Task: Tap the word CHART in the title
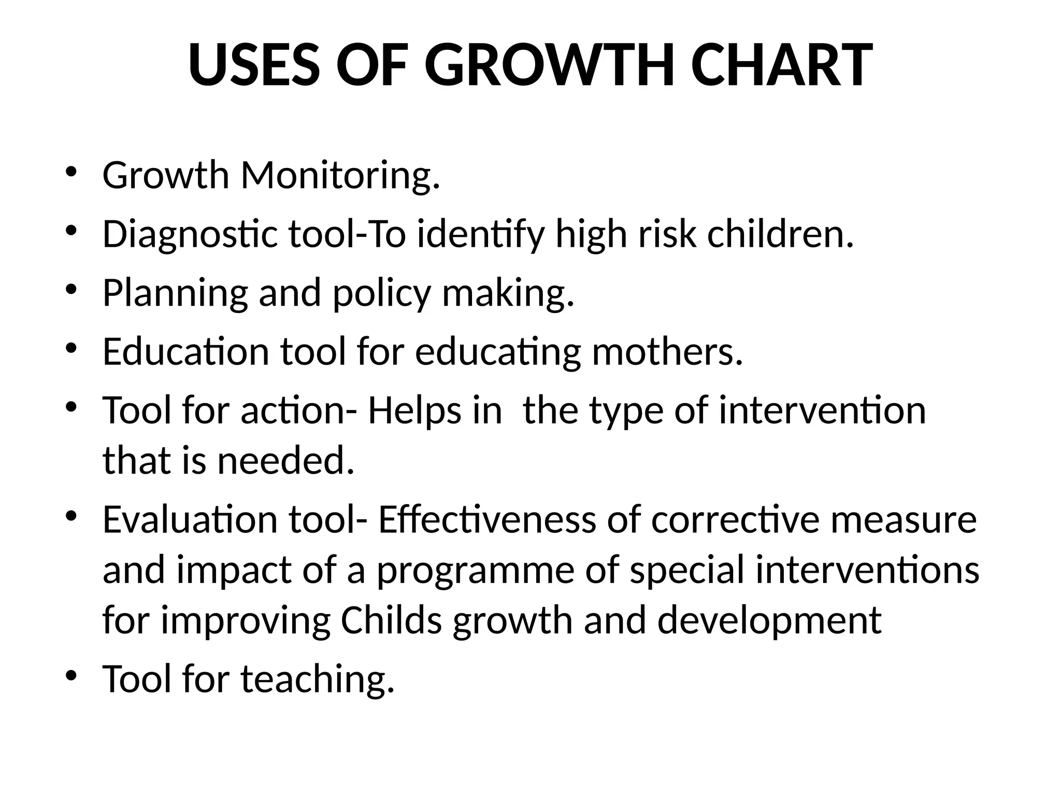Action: tap(782, 66)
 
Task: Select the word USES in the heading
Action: tap(253, 66)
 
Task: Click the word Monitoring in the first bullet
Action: tap(340, 176)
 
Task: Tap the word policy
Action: tap(381, 293)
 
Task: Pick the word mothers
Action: tap(667, 351)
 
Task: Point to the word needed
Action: tap(286, 461)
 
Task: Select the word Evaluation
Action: tap(190, 520)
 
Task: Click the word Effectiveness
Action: tap(487, 520)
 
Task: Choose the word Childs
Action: tap(391, 620)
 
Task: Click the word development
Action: tap(769, 621)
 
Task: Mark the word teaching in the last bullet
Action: tap(318, 679)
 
